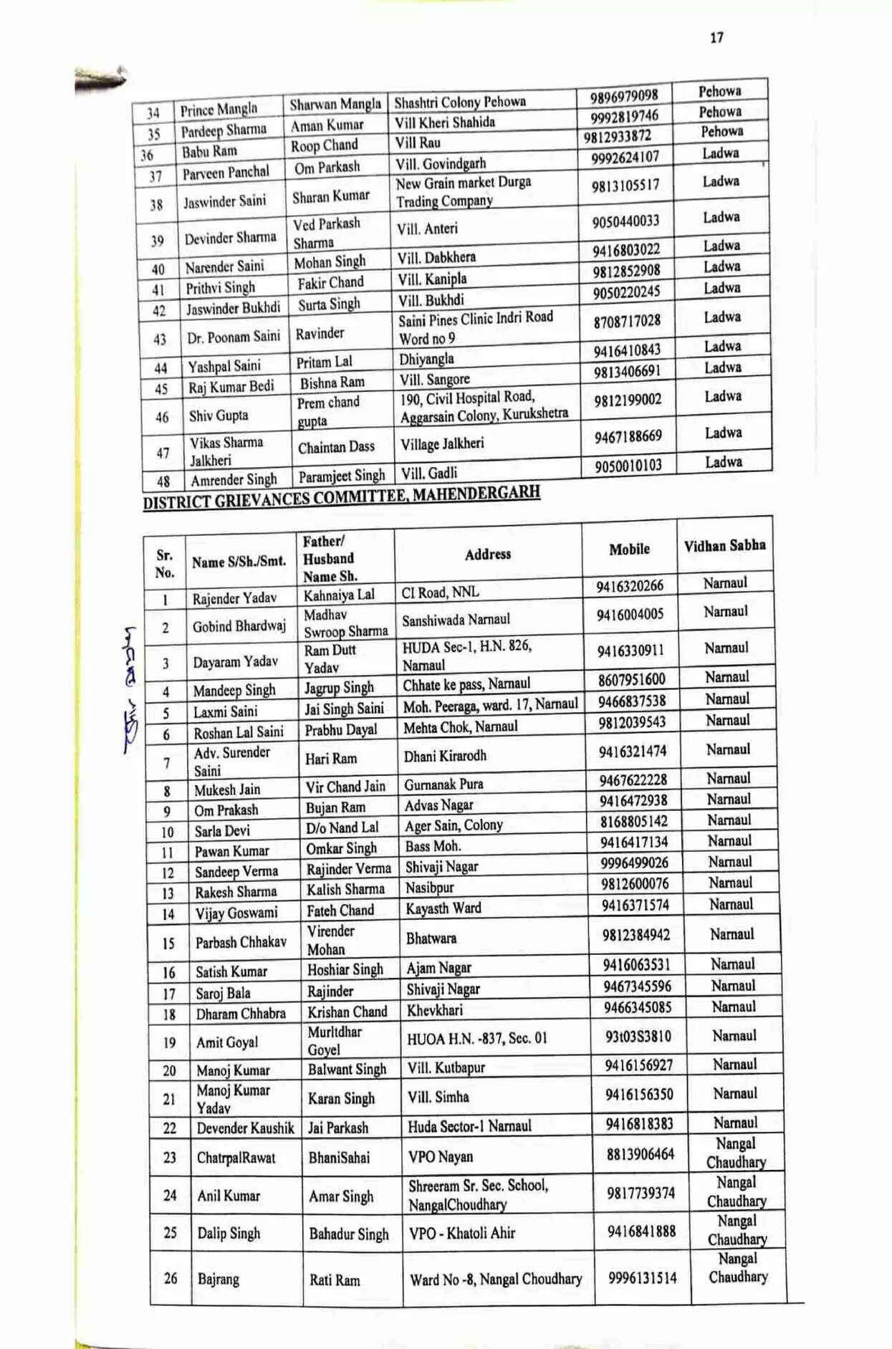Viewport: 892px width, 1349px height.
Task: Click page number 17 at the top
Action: click(716, 38)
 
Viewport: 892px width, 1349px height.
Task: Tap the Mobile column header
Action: click(629, 549)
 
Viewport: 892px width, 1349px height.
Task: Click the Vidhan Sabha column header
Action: click(724, 546)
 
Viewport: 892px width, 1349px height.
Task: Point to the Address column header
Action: click(487, 555)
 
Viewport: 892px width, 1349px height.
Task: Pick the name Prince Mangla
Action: click(219, 110)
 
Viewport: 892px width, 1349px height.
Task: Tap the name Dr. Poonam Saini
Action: click(234, 337)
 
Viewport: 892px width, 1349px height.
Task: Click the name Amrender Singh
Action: click(234, 479)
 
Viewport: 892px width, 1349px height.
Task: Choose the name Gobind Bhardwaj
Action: click(239, 626)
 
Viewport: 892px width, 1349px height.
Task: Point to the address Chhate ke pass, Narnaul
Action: click(466, 684)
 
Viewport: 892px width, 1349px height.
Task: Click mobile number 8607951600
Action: click(631, 679)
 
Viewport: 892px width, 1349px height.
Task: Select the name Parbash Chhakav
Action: click(241, 942)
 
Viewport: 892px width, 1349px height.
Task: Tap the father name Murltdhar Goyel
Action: click(335, 1040)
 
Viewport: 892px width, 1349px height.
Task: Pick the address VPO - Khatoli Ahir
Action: click(461, 1233)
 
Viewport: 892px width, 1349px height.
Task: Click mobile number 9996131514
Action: click(642, 1278)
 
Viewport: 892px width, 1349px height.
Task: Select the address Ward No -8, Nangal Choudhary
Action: click(496, 1280)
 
